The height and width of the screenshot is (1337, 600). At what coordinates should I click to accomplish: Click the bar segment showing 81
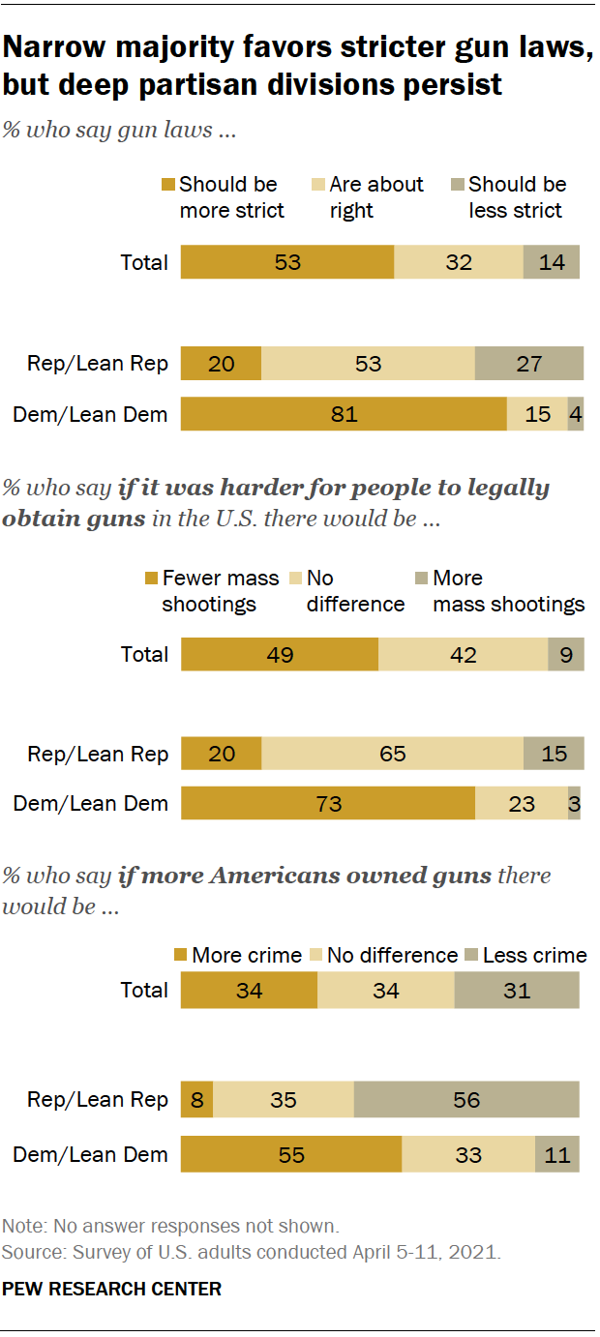click(344, 414)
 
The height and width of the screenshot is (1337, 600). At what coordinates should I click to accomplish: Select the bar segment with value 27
click(528, 364)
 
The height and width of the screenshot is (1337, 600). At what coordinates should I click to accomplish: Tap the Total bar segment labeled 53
click(287, 262)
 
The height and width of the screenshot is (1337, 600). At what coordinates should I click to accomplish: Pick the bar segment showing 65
click(392, 754)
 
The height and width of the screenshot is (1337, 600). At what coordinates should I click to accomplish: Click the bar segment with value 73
click(328, 803)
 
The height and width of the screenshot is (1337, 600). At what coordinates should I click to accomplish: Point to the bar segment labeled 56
click(466, 1100)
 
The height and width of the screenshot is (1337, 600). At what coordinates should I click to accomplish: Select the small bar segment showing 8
click(196, 1100)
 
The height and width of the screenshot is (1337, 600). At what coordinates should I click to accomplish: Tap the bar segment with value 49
click(280, 654)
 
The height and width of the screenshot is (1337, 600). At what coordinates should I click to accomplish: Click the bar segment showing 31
click(516, 990)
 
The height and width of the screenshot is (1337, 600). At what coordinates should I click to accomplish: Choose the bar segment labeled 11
click(556, 1154)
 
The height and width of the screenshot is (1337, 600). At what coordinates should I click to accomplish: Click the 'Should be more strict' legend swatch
click(168, 185)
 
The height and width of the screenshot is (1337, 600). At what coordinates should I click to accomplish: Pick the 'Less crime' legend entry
click(534, 955)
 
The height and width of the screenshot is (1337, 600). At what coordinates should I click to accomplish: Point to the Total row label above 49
click(144, 654)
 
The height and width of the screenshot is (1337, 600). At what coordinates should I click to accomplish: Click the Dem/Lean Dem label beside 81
click(90, 415)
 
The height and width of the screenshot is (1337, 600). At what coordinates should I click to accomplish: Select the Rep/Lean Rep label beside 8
click(98, 1100)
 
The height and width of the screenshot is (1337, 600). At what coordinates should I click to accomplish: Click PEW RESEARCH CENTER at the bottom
click(112, 1289)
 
